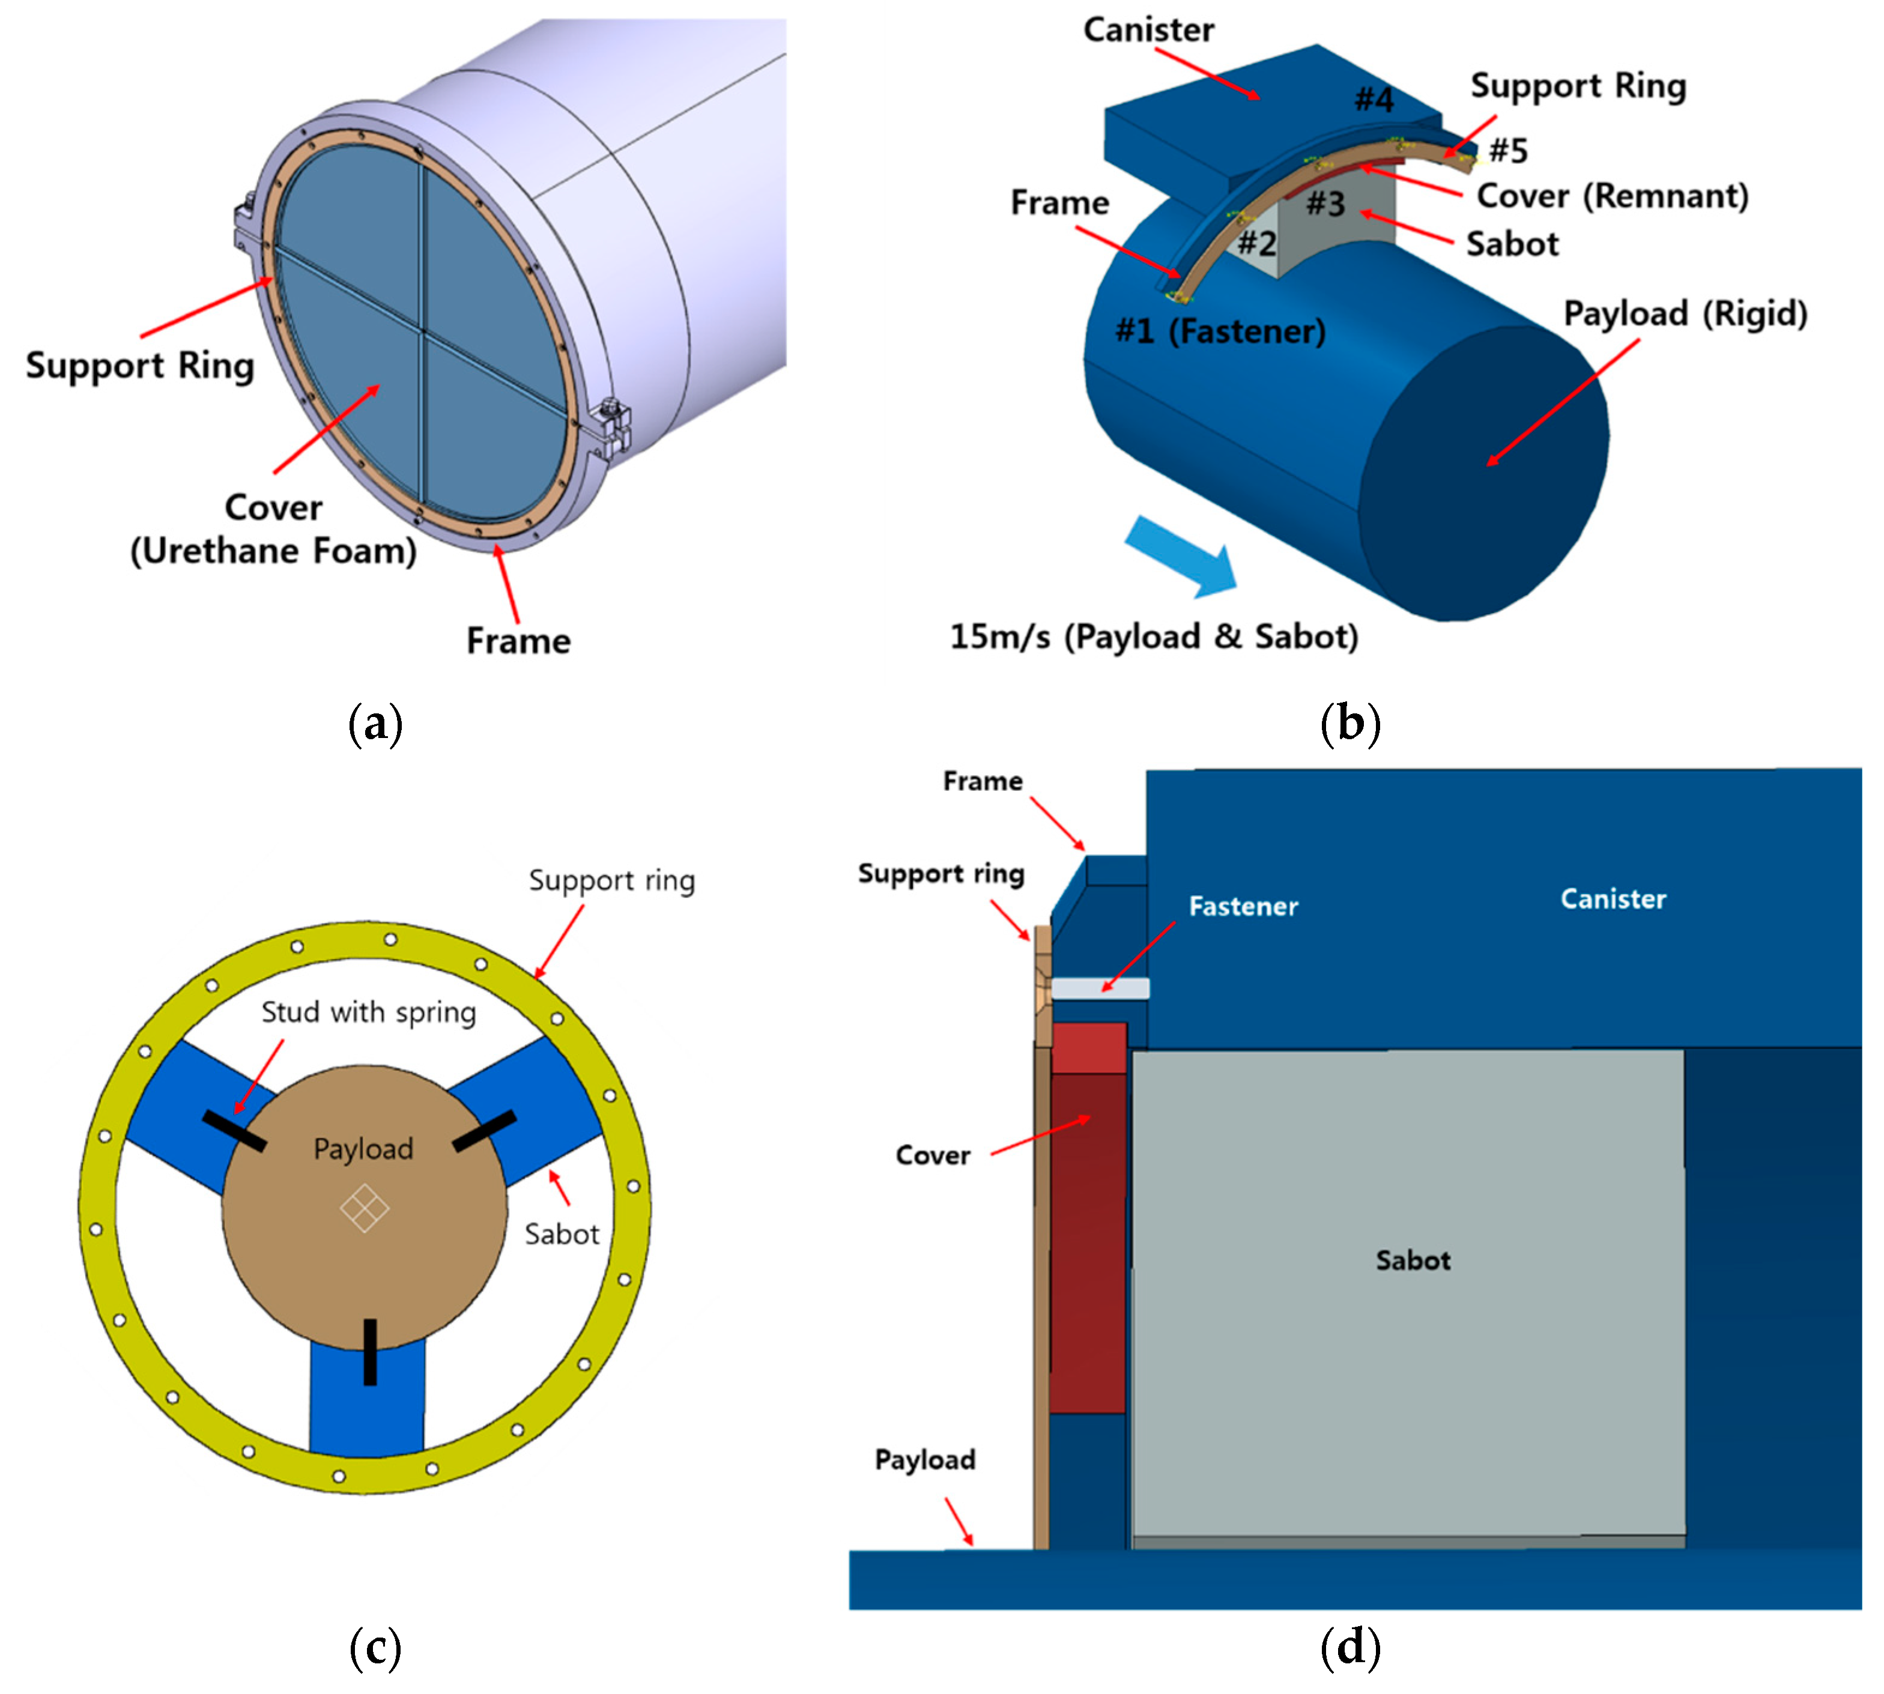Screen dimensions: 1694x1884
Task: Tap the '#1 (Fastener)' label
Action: tap(1220, 330)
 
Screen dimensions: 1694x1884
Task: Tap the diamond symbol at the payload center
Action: tap(364, 1208)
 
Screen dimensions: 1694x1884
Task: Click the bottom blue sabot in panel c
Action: tap(367, 1405)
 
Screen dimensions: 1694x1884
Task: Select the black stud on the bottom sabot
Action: tap(371, 1352)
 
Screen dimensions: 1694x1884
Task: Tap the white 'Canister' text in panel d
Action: tap(1613, 898)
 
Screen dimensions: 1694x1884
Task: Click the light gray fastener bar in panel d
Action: tap(1100, 988)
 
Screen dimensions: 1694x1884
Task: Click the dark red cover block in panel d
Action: tap(1087, 1238)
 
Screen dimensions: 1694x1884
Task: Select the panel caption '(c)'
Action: tap(375, 1648)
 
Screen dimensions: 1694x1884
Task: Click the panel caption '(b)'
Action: tap(1349, 723)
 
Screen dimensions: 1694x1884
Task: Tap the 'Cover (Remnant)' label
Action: tap(1612, 196)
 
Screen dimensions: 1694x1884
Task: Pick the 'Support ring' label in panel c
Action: tap(611, 880)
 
